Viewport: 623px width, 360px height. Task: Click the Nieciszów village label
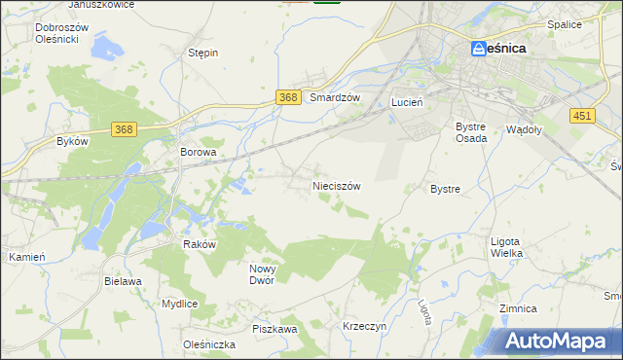pos(336,185)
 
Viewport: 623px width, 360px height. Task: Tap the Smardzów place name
pos(335,98)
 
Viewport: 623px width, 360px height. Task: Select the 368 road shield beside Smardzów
pos(287,97)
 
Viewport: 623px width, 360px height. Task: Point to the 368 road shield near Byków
pos(124,129)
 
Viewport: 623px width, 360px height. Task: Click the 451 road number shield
pos(582,115)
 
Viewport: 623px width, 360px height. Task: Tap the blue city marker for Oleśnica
pos(478,48)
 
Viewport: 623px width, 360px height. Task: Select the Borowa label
pos(198,153)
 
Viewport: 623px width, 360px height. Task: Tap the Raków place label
pos(199,245)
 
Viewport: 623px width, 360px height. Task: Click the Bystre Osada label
pos(471,132)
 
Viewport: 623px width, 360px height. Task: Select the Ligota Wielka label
pos(506,247)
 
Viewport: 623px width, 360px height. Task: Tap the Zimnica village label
pos(517,308)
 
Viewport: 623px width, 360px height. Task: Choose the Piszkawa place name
pos(275,330)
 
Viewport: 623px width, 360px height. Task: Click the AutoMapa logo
pos(555,342)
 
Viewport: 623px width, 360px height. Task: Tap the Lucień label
pos(405,101)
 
